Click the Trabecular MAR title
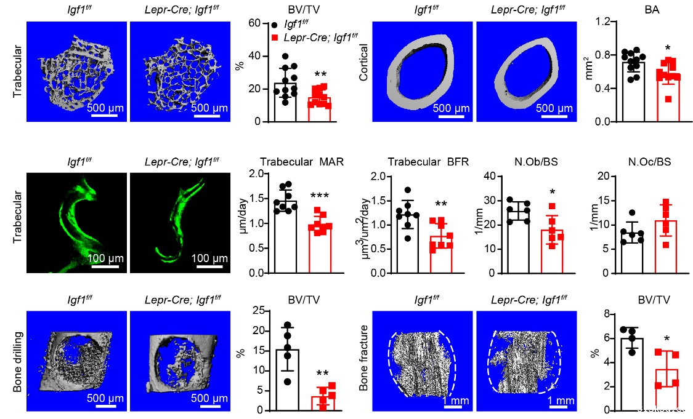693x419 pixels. pos(301,163)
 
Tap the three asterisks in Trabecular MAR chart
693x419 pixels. pos(319,196)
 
